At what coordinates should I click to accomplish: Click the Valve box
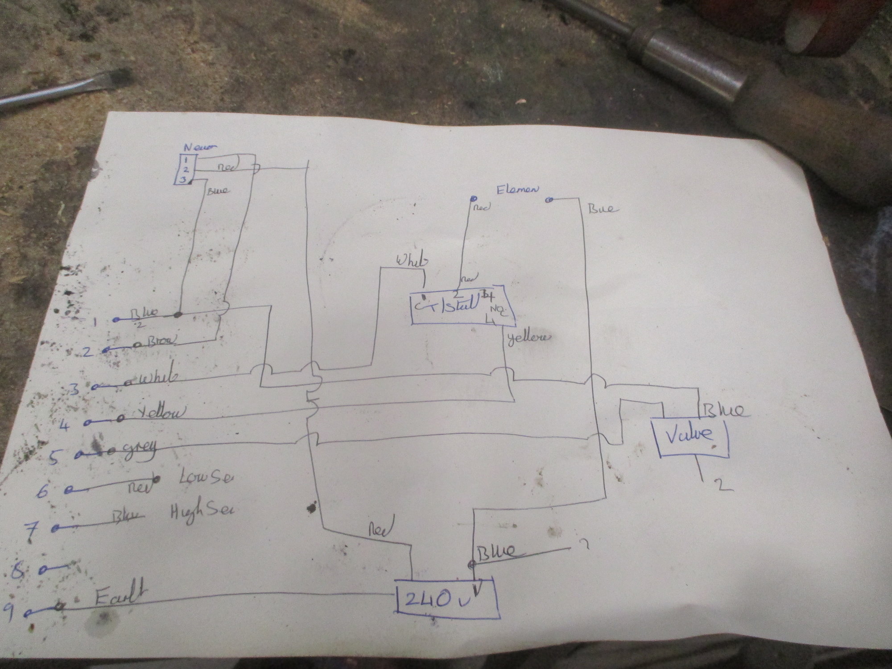tap(690, 436)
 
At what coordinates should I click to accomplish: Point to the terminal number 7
tap(32, 532)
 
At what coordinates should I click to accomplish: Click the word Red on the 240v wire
tap(380, 530)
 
